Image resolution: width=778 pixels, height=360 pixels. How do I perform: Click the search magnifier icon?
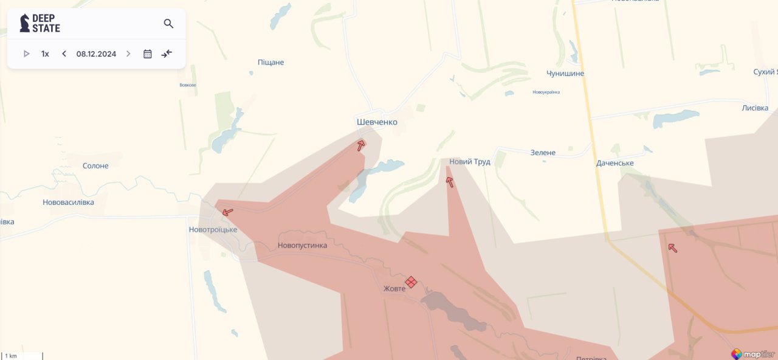168,24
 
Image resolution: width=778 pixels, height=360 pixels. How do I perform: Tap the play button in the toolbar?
27,54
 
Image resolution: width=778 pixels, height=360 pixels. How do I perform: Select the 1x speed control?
45,54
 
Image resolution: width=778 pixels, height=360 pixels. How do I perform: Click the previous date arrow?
64,54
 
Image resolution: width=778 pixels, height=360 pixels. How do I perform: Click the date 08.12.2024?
96,54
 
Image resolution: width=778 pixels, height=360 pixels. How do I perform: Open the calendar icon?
147,54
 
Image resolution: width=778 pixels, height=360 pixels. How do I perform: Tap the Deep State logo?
40,23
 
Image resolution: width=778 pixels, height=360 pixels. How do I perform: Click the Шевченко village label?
377,122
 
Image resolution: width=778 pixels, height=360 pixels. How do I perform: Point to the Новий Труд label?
470,162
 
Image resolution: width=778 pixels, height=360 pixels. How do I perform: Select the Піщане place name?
270,63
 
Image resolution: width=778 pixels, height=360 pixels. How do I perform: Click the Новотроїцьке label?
213,230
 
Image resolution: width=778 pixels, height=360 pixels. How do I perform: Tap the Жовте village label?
394,289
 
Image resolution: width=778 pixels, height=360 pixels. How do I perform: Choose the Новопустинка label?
302,246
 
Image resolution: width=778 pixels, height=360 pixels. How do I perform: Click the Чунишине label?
565,74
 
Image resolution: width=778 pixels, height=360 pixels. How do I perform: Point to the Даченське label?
614,164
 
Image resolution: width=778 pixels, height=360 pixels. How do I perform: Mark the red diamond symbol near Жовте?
411,282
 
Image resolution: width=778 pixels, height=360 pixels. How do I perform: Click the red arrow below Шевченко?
361,145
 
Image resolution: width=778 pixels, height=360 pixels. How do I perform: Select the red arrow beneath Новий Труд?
450,182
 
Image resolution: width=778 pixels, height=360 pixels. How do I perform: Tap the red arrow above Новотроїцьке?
228,212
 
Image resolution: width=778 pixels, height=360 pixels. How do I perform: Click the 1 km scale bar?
22,356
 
